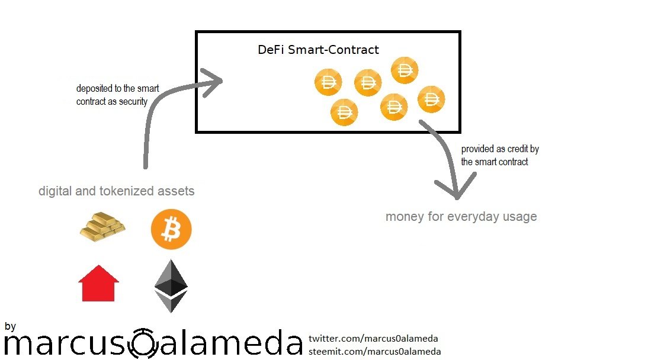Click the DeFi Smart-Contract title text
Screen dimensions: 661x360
click(318, 50)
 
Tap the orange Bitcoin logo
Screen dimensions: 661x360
click(171, 229)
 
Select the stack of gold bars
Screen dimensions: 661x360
click(102, 227)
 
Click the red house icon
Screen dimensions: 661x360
click(99, 283)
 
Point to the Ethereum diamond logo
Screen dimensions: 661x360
click(171, 286)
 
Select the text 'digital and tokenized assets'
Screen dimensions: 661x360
click(116, 191)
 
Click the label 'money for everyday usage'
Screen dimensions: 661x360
click(461, 216)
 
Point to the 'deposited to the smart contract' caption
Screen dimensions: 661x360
click(118, 95)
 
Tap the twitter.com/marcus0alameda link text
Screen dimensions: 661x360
click(373, 338)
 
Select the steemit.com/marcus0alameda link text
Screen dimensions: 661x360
click(375, 351)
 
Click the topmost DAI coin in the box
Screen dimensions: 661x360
click(405, 70)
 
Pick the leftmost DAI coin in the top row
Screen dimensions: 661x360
click(328, 82)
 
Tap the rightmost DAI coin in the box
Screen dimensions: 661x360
click(431, 99)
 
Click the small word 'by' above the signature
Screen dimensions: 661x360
click(10, 327)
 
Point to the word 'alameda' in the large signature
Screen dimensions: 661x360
click(231, 342)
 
